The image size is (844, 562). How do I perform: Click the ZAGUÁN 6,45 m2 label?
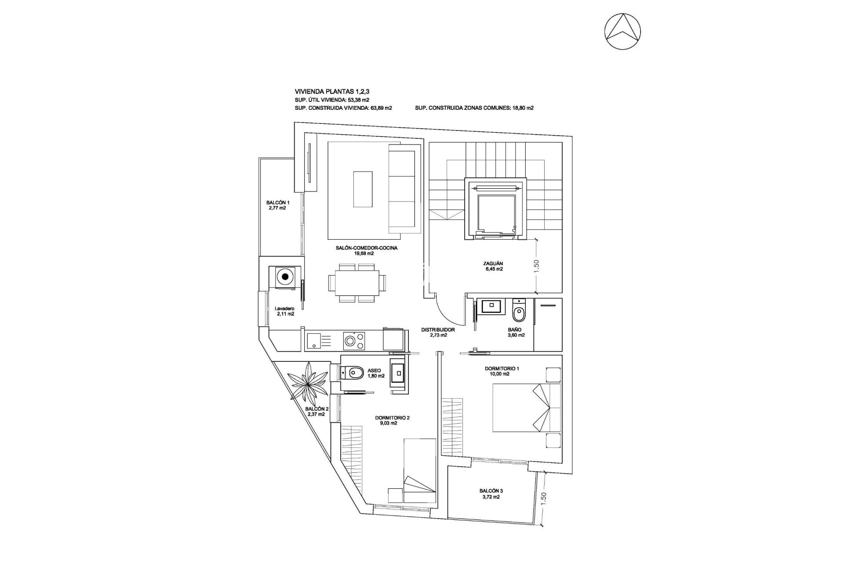[493, 266]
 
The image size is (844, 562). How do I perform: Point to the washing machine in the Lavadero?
[285, 277]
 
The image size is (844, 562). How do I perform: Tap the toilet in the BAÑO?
[519, 312]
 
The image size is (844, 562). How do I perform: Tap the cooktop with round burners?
[354, 341]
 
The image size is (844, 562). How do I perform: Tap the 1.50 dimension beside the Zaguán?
[536, 265]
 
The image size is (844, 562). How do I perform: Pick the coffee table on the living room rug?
[363, 189]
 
